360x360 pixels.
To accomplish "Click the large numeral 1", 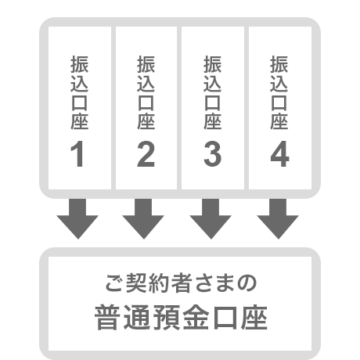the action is click(x=77, y=153).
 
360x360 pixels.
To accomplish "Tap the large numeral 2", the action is click(x=146, y=153).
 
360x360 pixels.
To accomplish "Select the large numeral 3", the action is click(x=213, y=153).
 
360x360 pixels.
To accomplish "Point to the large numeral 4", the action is click(x=279, y=153).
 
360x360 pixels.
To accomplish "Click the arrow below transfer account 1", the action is click(x=77, y=218).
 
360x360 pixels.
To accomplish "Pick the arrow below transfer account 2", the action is click(x=143, y=218).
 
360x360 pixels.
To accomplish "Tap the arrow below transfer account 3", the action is click(x=211, y=218).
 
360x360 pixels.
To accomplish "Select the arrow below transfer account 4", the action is click(x=278, y=218).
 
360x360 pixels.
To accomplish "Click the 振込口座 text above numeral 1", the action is click(x=80, y=92).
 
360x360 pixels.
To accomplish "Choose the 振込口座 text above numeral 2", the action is click(x=146, y=92).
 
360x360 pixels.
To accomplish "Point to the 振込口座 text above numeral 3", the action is click(x=213, y=92).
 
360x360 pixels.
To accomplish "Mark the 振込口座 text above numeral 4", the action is click(x=279, y=92).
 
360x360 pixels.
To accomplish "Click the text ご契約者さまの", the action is click(x=181, y=283).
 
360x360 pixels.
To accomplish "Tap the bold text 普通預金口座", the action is click(x=181, y=318).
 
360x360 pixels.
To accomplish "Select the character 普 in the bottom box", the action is click(x=106, y=318).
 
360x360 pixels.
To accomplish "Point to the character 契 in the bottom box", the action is click(x=137, y=283).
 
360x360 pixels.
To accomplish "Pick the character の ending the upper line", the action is click(x=247, y=283).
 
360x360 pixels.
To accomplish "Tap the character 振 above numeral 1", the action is click(x=80, y=64).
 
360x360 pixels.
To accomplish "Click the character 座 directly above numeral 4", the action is click(x=279, y=121).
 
